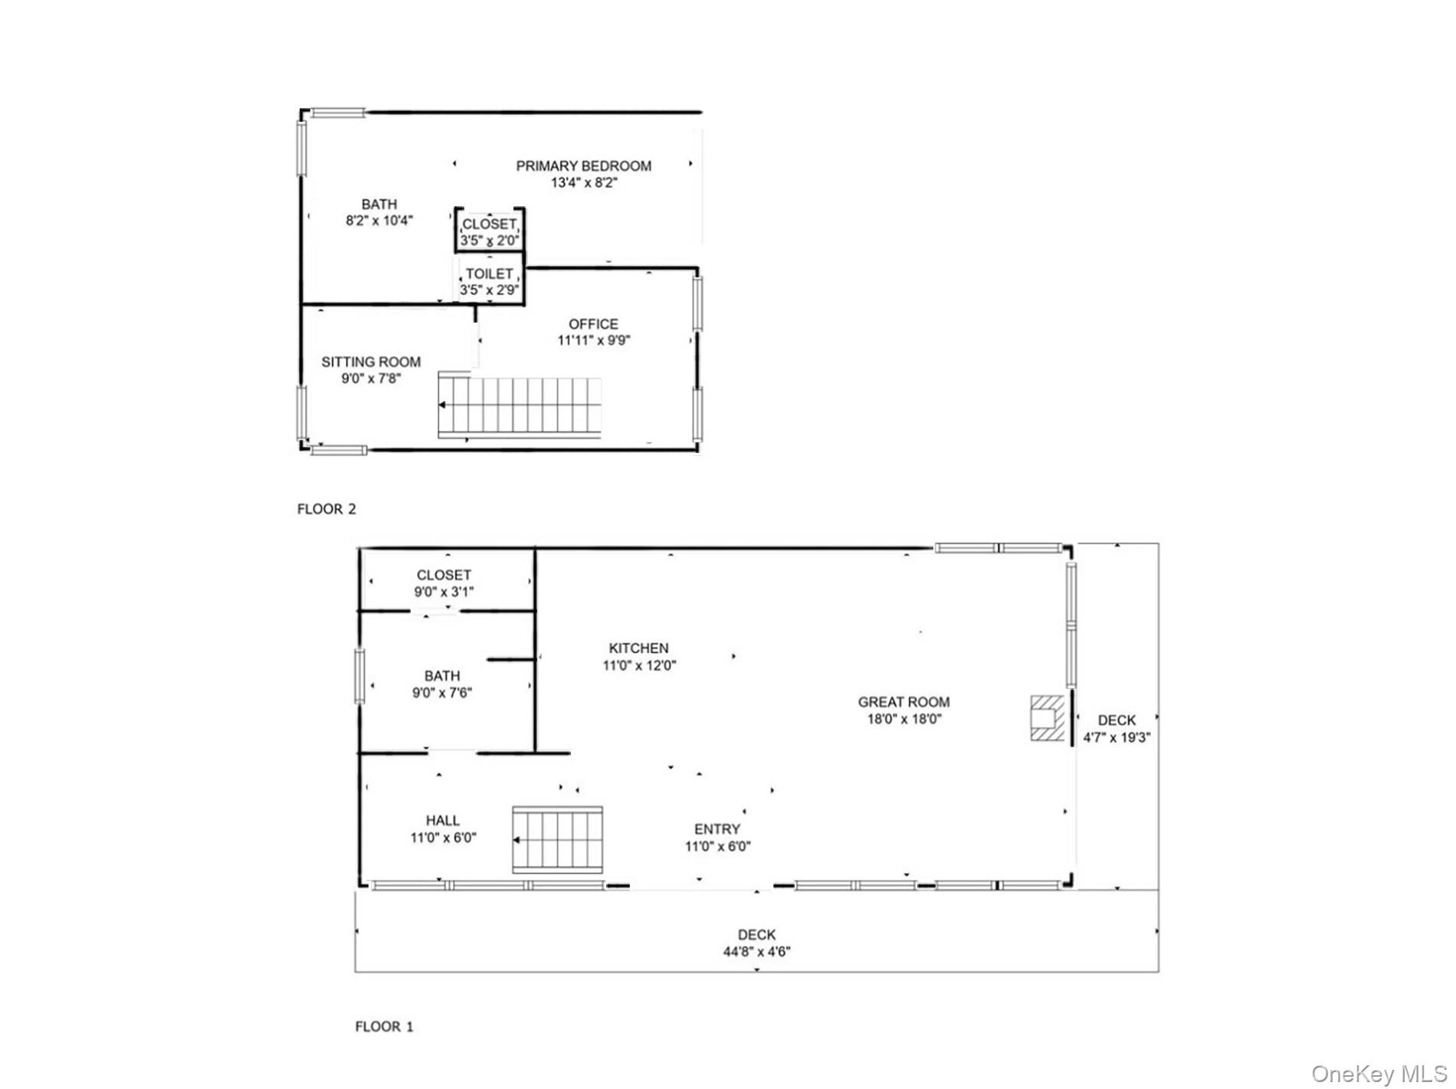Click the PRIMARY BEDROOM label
click(583, 166)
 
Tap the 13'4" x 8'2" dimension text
click(583, 183)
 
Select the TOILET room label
click(489, 274)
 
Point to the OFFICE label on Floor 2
click(593, 323)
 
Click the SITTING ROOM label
click(371, 362)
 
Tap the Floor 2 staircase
click(520, 405)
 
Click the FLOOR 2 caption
click(326, 509)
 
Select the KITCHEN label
click(638, 648)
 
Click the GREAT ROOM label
click(903, 702)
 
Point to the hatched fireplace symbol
click(1047, 718)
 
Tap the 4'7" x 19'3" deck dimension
click(1117, 738)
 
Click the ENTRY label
click(717, 829)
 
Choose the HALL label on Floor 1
click(443, 821)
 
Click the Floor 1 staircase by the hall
click(558, 840)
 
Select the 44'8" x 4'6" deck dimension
click(756, 952)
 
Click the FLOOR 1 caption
click(384, 1026)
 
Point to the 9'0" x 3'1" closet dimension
click(444, 592)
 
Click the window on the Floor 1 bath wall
click(359, 676)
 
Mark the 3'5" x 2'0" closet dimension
click(490, 241)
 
